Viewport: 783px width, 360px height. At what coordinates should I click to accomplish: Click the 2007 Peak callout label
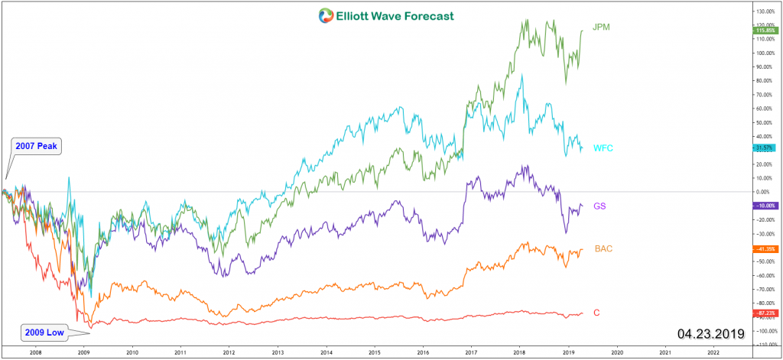35,145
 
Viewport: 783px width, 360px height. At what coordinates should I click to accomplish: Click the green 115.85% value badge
765,31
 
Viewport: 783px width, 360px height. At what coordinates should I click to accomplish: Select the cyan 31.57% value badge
765,148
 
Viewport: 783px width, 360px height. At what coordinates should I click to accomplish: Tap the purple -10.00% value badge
765,206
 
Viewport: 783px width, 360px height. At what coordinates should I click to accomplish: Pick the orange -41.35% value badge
765,249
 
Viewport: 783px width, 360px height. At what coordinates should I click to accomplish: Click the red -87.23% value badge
765,313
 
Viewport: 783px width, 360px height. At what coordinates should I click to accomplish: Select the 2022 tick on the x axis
713,353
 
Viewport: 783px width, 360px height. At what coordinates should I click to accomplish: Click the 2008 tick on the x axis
35,353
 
